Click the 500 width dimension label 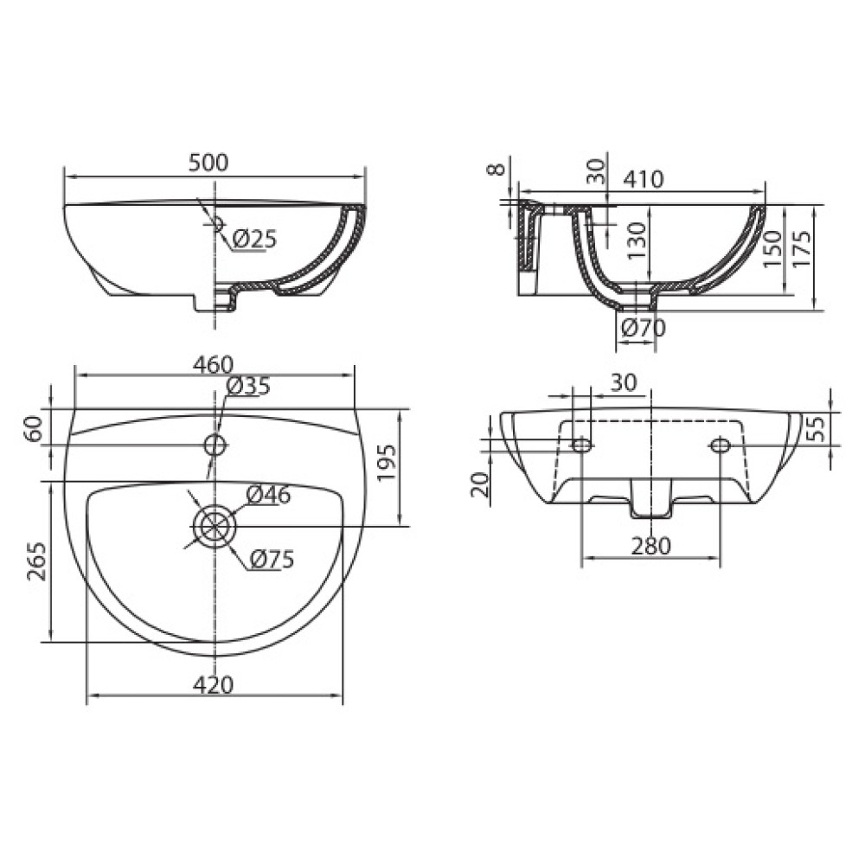(x=208, y=163)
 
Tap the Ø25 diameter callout (x=253, y=239)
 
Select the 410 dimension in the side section (x=644, y=179)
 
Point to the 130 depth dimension (x=636, y=240)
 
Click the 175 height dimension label (x=802, y=248)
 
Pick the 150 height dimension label (x=772, y=248)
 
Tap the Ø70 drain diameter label (x=643, y=328)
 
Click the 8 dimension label (x=497, y=168)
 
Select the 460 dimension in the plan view (x=213, y=364)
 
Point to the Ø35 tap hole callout (x=248, y=386)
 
